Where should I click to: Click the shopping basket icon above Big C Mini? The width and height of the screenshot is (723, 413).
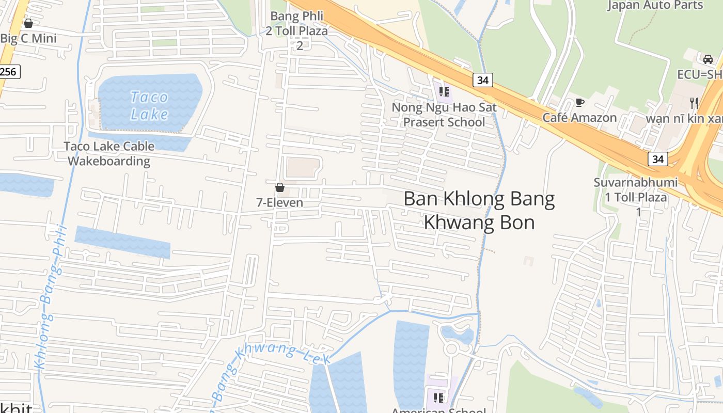[28, 23]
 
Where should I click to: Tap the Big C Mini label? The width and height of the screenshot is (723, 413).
[28, 38]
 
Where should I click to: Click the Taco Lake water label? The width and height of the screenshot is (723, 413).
[149, 105]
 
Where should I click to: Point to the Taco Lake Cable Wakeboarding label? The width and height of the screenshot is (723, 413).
[109, 153]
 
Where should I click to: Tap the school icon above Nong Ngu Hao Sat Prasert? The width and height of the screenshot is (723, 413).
[444, 92]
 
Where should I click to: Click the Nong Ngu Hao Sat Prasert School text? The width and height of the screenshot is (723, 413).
[444, 115]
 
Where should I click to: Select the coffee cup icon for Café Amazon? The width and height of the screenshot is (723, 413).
[580, 102]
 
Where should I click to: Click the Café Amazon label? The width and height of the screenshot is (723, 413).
[579, 118]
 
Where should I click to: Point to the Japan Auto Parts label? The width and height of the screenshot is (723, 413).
[655, 5]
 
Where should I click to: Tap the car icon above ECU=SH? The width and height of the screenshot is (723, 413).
[708, 59]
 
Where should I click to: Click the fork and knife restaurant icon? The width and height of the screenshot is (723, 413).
[694, 102]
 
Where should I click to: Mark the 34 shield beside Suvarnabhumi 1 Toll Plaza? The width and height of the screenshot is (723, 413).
[658, 159]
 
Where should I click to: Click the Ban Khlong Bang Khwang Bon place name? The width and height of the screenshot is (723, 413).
[479, 210]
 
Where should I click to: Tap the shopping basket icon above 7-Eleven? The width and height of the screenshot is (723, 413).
[280, 187]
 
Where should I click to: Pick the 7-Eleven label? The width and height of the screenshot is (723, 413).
[280, 203]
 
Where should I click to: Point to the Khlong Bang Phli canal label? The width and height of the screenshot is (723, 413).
[50, 297]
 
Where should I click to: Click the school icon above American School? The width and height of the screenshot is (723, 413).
[438, 398]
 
